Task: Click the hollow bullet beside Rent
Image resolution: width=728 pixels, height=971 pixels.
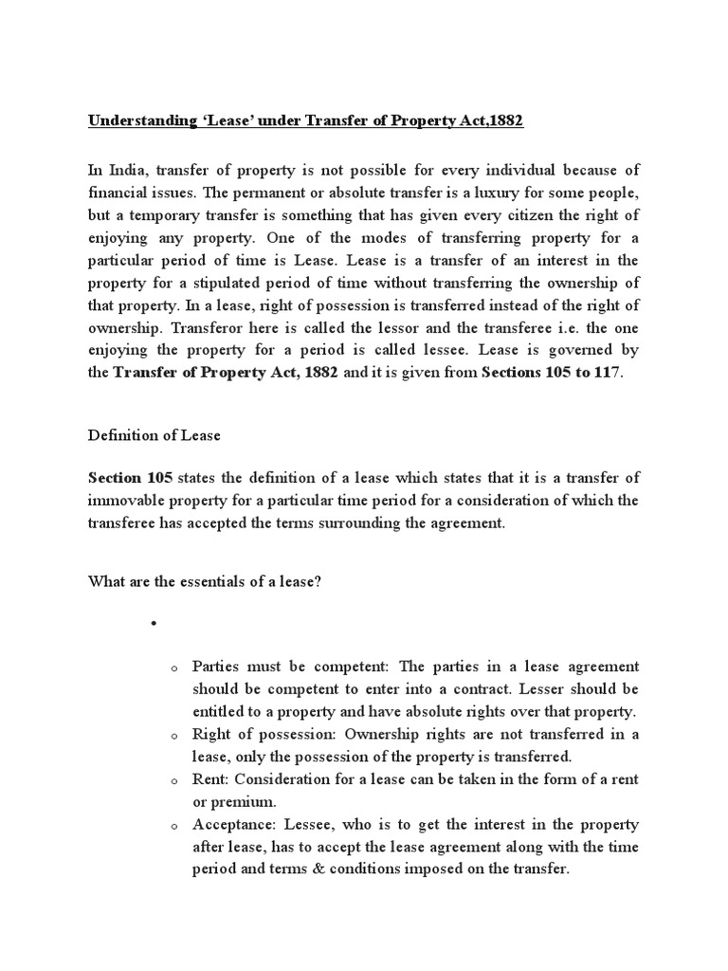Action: click(175, 780)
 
